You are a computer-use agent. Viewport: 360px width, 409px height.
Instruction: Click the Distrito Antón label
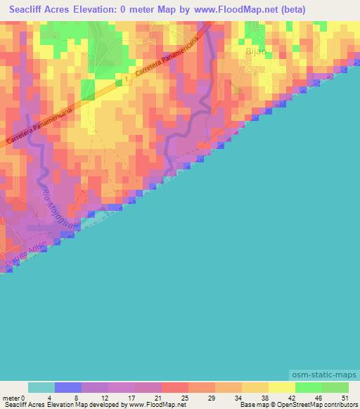pyautogui.click(x=26, y=254)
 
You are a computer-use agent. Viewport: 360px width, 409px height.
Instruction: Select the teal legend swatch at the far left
pyautogui.click(x=41, y=387)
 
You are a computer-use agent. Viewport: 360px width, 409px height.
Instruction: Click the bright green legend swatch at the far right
pyautogui.click(x=335, y=387)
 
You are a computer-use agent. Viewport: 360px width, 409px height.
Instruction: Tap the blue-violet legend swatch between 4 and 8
pyautogui.click(x=68, y=387)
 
